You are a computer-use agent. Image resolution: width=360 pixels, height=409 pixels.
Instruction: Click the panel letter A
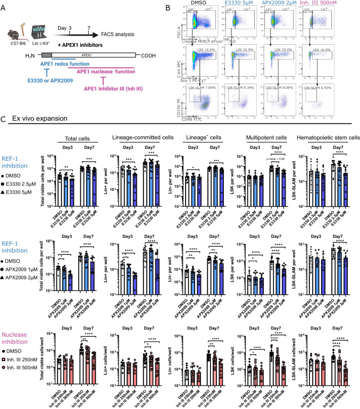[5, 5]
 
